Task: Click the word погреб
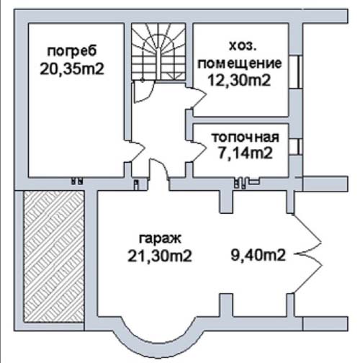pos(72,51)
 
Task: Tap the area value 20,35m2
pos(72,69)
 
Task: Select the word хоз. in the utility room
pos(243,45)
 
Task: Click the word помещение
pos(240,63)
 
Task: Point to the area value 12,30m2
pos(239,80)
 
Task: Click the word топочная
pos(246,138)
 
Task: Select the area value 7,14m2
pos(246,153)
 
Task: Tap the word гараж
pos(161,239)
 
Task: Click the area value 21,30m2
pos(160,256)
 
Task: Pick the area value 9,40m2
pos(258,255)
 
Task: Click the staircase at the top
pos(158,52)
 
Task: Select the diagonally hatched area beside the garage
pos(54,256)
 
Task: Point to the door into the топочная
pos(197,151)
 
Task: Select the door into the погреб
pos(136,151)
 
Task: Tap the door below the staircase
pos(143,92)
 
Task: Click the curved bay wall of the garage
pos(158,345)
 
